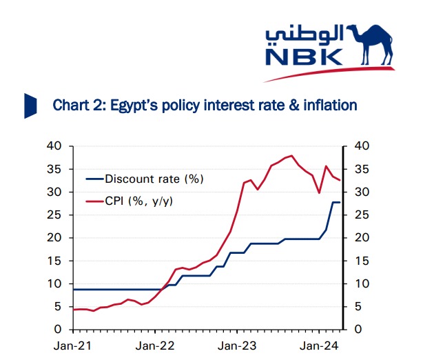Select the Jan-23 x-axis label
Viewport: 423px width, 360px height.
tap(237, 344)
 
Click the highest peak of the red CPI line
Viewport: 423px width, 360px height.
tap(291, 156)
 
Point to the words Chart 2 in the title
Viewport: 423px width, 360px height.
tap(73, 105)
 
